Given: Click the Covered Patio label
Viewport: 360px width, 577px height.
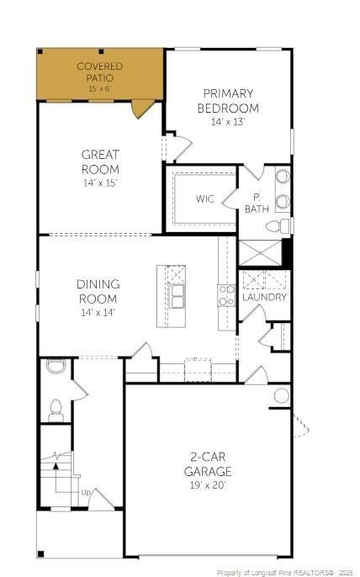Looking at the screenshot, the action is coord(100,72).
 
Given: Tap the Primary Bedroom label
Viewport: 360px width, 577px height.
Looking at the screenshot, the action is coord(228,101).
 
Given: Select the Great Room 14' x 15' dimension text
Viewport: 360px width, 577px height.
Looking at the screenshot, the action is coord(100,183).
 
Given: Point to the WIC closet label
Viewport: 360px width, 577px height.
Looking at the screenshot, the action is coord(205,199).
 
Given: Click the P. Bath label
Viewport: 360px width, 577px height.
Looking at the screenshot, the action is coord(257,204).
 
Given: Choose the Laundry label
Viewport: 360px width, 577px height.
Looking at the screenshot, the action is coord(264,298).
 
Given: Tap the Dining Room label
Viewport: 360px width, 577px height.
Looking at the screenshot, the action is coord(98,291).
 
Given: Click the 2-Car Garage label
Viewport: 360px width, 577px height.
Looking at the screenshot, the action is coord(208,464).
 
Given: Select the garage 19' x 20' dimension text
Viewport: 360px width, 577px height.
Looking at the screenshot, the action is coord(208,485).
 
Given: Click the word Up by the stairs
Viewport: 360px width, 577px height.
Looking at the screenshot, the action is coord(86,492).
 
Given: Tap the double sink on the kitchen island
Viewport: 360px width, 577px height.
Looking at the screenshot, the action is coord(177,296).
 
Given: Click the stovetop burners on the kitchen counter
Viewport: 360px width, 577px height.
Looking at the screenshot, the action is coord(227,295).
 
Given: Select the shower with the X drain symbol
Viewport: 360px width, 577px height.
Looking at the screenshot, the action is coord(260,253).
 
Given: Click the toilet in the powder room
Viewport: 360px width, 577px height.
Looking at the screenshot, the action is coord(56,410).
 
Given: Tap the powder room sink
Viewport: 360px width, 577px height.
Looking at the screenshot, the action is coord(56,367).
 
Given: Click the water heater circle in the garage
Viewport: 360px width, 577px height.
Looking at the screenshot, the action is coord(282,396).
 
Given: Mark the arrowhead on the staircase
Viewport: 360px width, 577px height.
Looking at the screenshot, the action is coord(56,466).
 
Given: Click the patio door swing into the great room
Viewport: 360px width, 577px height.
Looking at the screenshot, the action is coord(142,109).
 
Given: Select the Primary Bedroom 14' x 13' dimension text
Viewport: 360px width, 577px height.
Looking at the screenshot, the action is coord(228,122).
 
